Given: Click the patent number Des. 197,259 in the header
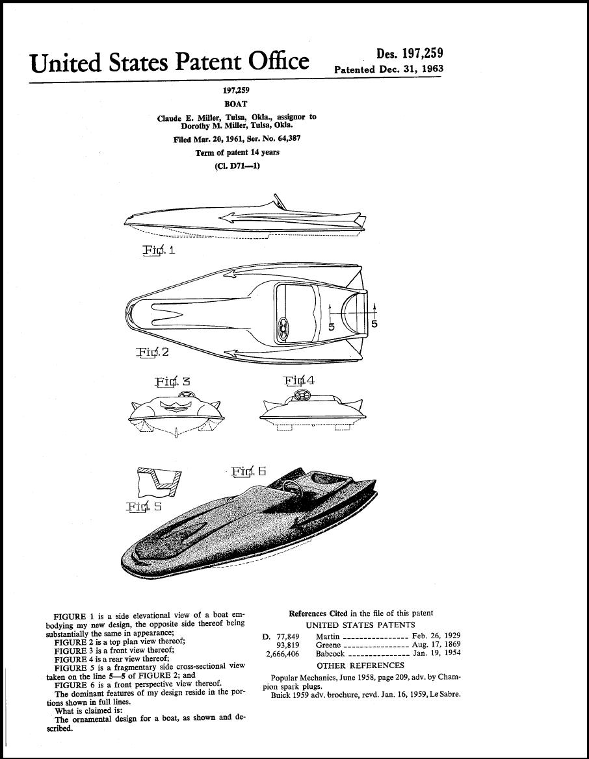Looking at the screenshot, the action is tap(410, 54).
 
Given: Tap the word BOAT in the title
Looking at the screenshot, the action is tap(235, 104).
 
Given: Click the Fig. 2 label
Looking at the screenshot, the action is tap(153, 352).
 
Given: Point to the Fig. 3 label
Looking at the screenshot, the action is tap(173, 381).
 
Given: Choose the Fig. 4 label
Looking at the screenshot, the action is tap(299, 380).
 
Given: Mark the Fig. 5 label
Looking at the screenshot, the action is tap(144, 507).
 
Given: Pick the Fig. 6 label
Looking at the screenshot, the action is tap(249, 471).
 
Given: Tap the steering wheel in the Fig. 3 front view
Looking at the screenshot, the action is tap(184, 395).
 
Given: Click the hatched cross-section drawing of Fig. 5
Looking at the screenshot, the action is tap(160, 482).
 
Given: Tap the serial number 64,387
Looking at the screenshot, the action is tap(289, 139).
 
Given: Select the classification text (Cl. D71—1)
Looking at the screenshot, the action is tap(237, 166).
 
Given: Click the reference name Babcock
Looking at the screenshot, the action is tap(330, 653).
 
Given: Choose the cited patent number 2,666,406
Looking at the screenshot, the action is tap(283, 653).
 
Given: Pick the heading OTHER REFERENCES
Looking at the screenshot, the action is tap(360, 666).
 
